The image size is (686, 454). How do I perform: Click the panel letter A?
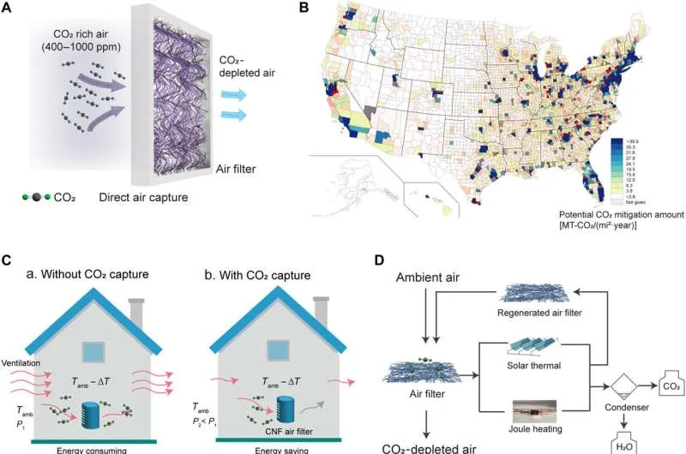tap(9, 9)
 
